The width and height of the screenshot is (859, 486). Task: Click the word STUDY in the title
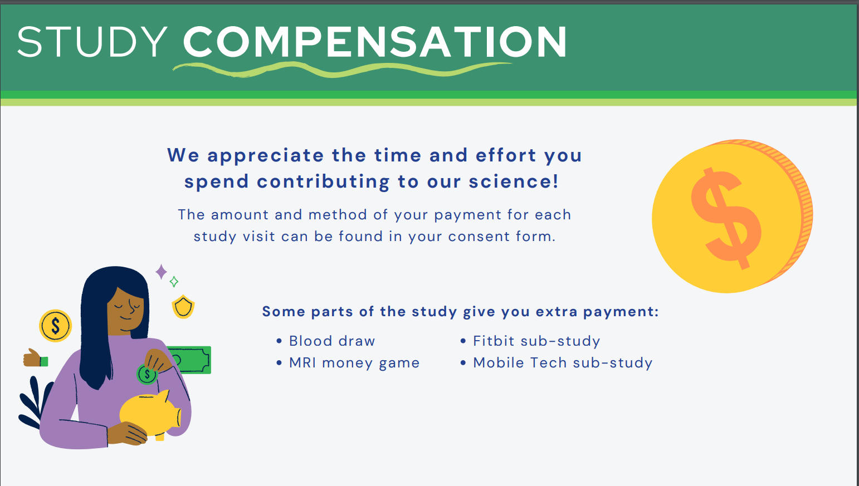(92, 42)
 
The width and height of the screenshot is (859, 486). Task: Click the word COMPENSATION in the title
(375, 42)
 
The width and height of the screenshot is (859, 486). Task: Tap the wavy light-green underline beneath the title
(341, 70)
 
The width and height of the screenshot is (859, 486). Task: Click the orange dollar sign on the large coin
(726, 218)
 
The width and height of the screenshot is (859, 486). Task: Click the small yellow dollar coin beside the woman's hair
(56, 326)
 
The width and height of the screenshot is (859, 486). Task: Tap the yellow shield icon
(183, 307)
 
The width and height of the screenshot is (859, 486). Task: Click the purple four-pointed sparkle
(161, 272)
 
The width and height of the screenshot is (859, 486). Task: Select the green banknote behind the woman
(192, 360)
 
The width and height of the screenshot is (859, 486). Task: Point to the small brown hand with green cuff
(35, 359)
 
